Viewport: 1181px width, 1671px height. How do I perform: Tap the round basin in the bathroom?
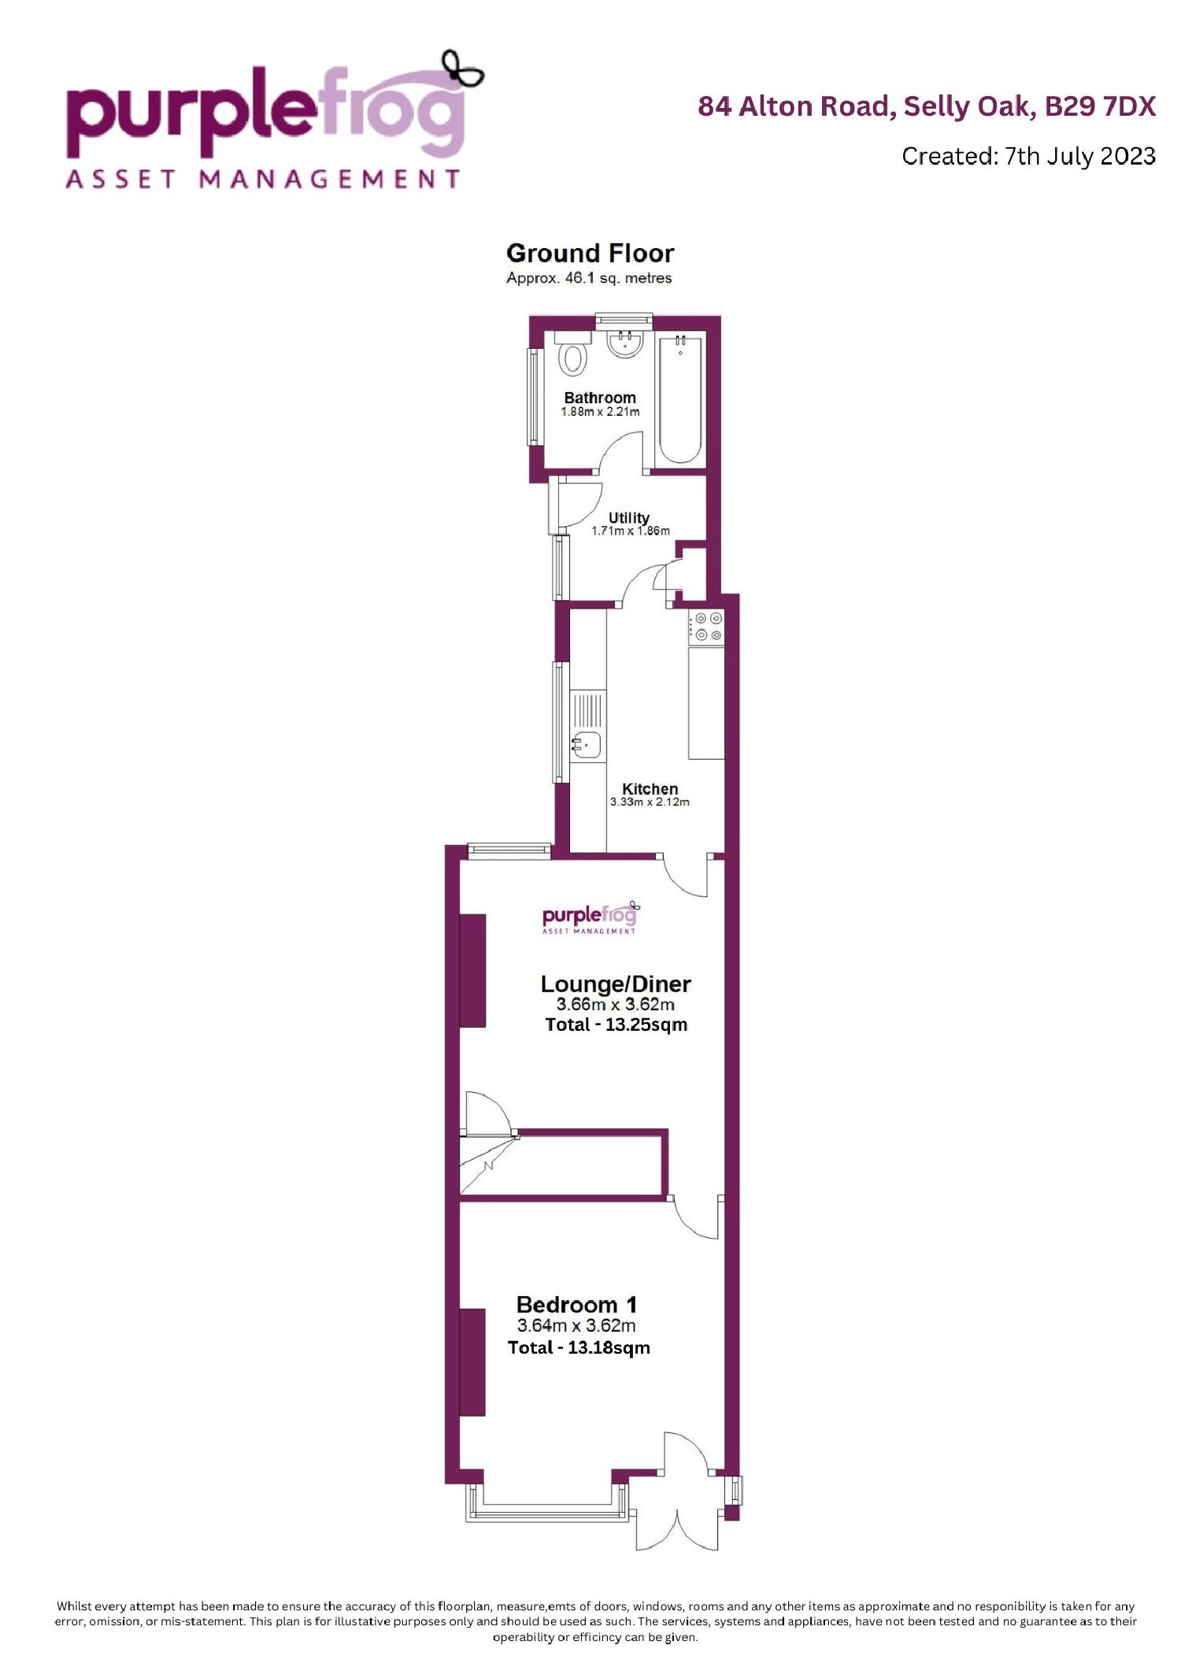(x=626, y=343)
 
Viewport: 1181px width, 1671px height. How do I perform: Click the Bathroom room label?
(x=600, y=398)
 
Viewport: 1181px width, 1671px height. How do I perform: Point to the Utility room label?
(x=628, y=517)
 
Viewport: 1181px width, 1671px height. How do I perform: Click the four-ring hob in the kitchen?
(x=706, y=627)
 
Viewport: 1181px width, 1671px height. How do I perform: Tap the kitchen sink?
(x=587, y=743)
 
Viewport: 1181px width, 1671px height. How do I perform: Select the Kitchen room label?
(x=650, y=788)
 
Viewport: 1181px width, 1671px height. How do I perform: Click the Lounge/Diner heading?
(x=616, y=984)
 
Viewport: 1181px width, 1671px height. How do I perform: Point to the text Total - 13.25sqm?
(x=616, y=1024)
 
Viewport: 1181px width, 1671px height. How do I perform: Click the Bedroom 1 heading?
(x=576, y=1305)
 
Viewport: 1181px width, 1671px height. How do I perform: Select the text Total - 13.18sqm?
(x=579, y=1347)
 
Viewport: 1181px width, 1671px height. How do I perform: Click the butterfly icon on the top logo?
(x=462, y=69)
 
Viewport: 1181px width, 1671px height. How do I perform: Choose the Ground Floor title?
(x=590, y=253)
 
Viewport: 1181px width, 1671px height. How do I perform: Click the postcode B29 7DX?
(x=1100, y=106)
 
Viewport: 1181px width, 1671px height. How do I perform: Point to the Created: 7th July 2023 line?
(x=1028, y=156)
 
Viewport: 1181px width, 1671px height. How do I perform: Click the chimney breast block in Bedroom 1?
(x=472, y=1362)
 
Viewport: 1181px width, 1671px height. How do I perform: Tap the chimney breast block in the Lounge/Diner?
(x=472, y=970)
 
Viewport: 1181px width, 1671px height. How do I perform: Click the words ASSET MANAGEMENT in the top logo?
(x=263, y=179)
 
